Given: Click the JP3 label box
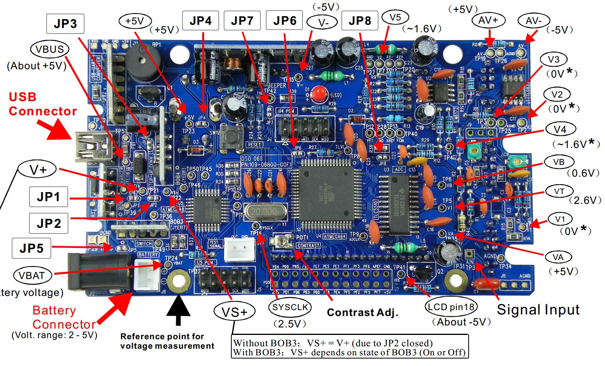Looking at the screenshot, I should click(65, 24).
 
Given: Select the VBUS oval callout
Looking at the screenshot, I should click(49, 49).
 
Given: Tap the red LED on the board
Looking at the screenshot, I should click(319, 94).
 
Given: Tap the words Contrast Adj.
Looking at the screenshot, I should click(363, 312).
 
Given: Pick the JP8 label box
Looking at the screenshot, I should click(360, 20).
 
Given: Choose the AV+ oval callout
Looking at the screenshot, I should click(488, 20).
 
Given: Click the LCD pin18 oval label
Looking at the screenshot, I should click(451, 307).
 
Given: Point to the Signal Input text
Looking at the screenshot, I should click(538, 310).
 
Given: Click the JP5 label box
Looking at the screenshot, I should click(32, 248).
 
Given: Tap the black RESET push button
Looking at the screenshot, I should click(228, 135).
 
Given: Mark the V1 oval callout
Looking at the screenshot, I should click(560, 219).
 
